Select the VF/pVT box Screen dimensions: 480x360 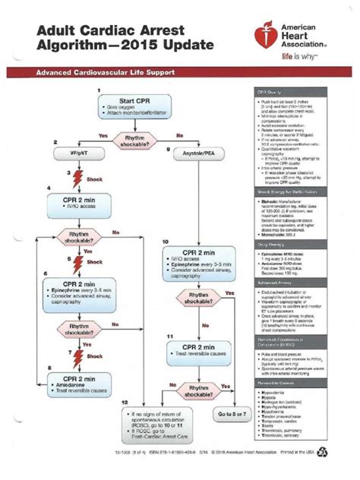coord(70,153)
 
